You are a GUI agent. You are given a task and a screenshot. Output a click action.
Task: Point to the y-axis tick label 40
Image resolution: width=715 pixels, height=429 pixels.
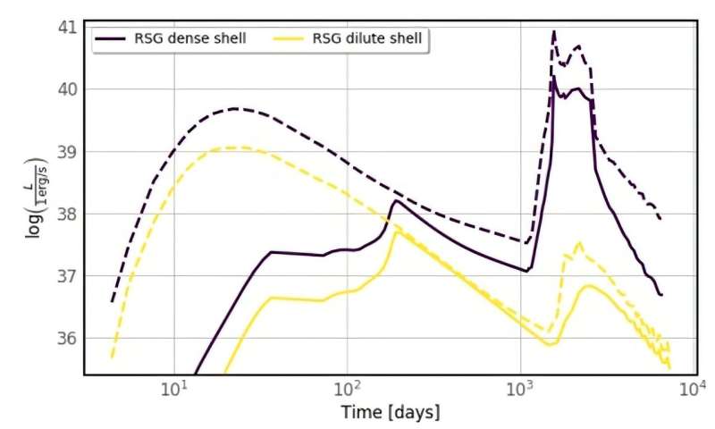(68, 89)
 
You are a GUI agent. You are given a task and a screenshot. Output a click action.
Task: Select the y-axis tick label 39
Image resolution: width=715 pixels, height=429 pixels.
(68, 152)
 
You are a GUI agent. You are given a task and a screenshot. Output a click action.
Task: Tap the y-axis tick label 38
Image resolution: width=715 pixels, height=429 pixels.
(68, 214)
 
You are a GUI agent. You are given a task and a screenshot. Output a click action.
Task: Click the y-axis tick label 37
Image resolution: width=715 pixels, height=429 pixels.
(68, 276)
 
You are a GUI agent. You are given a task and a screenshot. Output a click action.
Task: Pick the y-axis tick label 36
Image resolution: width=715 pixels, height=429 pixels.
(68, 338)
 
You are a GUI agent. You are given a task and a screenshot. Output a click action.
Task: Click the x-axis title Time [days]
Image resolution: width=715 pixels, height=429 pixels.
(391, 413)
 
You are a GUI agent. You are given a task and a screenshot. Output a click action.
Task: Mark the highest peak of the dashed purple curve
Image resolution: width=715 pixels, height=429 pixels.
(554, 32)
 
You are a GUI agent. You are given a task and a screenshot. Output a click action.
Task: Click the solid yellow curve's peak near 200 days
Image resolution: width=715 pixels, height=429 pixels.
(396, 233)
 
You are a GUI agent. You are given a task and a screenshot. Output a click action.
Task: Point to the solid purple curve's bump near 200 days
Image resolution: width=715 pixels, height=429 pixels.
(396, 201)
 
